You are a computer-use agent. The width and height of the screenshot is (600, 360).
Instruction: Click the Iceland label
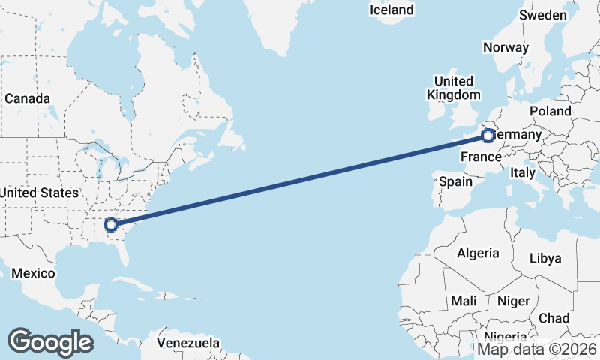click(x=391, y=10)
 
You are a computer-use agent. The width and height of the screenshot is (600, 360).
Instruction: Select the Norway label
click(x=505, y=47)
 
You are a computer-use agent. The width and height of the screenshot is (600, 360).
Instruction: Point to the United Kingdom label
click(x=453, y=88)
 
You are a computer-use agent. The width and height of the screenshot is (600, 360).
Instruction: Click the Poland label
click(x=550, y=111)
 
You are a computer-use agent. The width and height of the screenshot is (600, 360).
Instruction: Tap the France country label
click(x=480, y=157)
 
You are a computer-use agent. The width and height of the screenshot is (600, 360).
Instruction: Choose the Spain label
click(x=455, y=181)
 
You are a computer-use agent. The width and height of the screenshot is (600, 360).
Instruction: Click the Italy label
click(x=522, y=172)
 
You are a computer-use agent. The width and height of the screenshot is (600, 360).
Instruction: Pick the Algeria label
click(x=478, y=253)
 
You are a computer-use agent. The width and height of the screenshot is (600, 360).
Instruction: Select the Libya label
click(x=545, y=258)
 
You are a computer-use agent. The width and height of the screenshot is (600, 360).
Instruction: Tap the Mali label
click(x=463, y=301)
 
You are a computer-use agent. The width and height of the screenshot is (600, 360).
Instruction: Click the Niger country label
click(x=514, y=301)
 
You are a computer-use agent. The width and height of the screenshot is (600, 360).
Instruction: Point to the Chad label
click(x=553, y=318)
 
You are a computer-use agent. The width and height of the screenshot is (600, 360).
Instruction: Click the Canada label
click(x=27, y=99)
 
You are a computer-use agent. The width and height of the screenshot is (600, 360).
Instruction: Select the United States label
click(x=39, y=193)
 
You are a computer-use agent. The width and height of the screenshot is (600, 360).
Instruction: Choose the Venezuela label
click(x=188, y=343)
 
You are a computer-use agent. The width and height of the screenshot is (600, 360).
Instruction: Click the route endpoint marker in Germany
click(x=488, y=136)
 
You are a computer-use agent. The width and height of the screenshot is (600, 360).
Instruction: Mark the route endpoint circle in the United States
click(x=111, y=224)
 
